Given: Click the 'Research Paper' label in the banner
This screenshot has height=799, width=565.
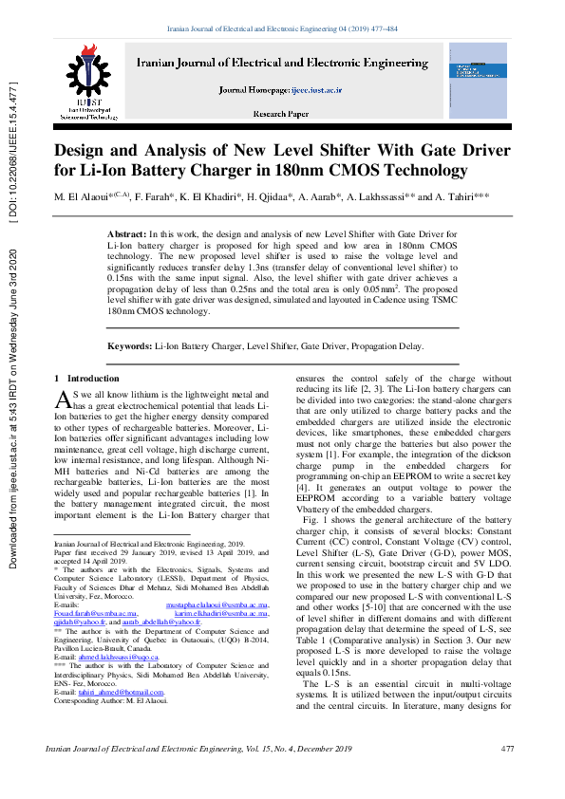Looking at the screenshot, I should point(280,114).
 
